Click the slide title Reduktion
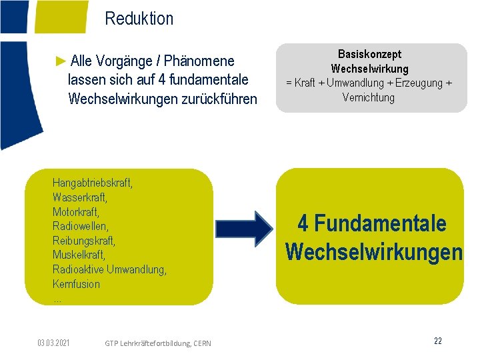point(139,19)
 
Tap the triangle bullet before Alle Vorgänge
point(61,61)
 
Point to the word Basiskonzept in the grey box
point(369,54)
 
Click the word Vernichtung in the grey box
point(369,98)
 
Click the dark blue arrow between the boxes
point(244,229)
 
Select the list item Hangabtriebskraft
point(92,183)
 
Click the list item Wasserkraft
point(79,197)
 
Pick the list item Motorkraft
point(75,211)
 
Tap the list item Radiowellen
point(80,226)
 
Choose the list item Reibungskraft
point(83,240)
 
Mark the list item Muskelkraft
point(79,255)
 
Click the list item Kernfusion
point(76,284)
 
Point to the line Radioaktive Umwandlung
point(109,269)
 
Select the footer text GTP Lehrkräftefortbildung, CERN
point(158,343)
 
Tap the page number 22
point(438,341)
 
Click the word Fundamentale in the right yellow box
point(380,223)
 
